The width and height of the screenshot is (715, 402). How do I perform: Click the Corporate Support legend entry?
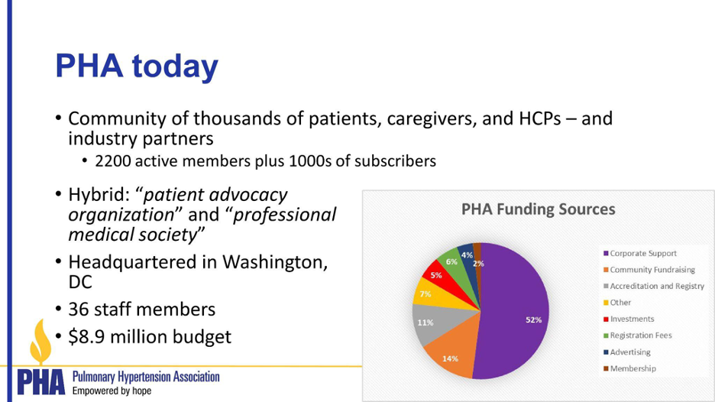(x=640, y=253)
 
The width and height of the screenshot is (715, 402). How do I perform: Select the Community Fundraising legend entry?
(x=649, y=270)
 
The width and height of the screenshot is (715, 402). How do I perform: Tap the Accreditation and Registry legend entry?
(x=653, y=286)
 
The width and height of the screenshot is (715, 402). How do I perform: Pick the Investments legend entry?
(x=629, y=319)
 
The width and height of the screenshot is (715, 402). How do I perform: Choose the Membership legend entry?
(x=629, y=368)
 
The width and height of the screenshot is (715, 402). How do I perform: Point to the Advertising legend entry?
(x=626, y=352)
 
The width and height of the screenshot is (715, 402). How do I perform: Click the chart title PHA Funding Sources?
(x=538, y=209)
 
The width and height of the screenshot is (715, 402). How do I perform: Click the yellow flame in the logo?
(x=40, y=342)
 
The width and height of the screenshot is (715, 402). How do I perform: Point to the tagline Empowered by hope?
(x=112, y=391)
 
